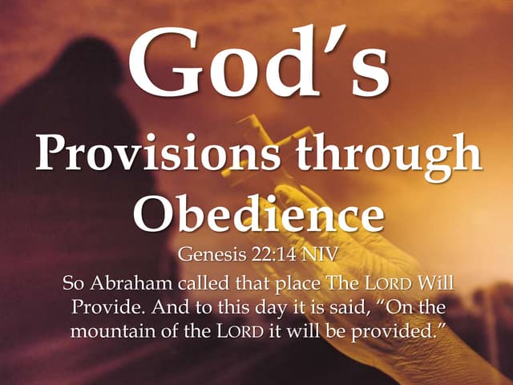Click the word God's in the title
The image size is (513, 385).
pyautogui.click(x=257, y=62)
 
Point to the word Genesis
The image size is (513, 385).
pyautogui.click(x=209, y=257)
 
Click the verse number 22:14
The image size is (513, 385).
pyautogui.click(x=271, y=257)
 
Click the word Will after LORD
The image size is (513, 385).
pyautogui.click(x=436, y=283)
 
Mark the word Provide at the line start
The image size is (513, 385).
pyautogui.click(x=104, y=307)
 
